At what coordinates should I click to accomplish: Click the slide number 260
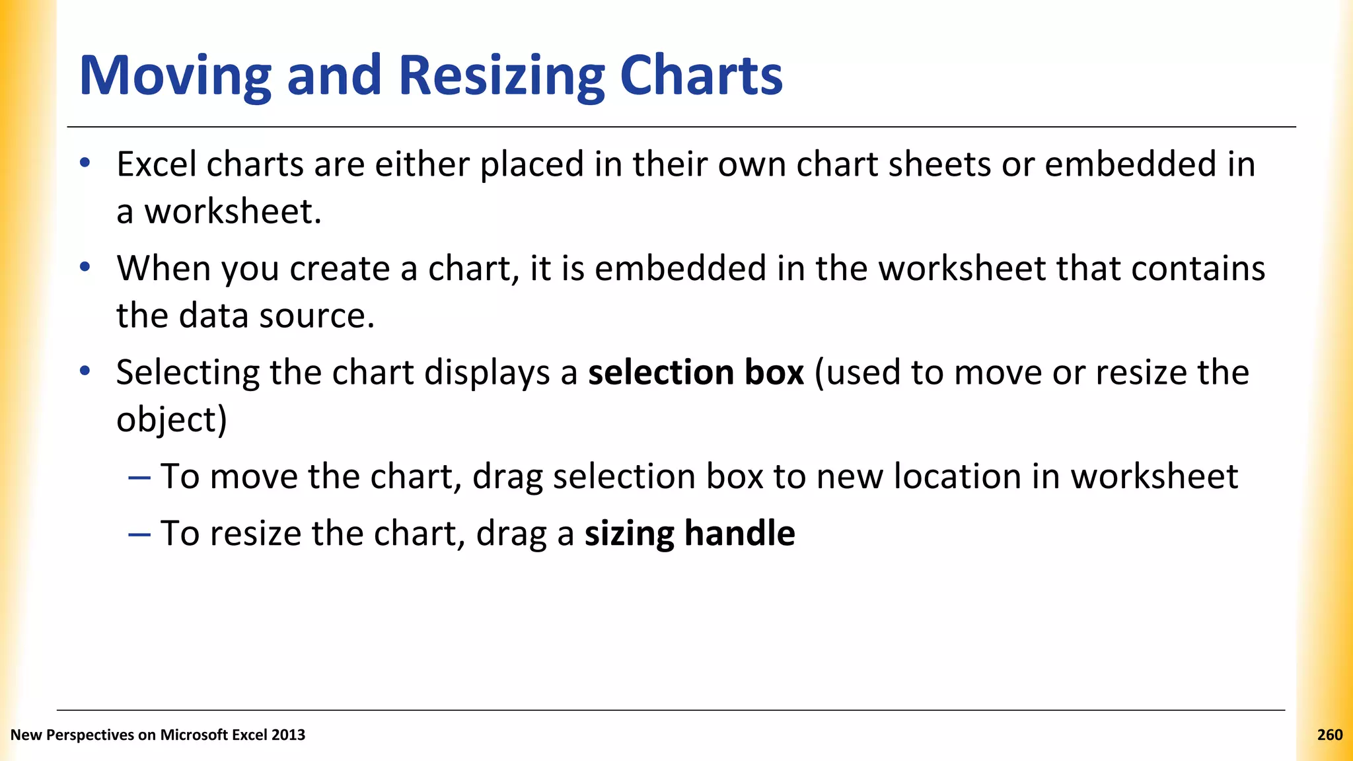[x=1329, y=735]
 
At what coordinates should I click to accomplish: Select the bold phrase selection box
[x=696, y=373]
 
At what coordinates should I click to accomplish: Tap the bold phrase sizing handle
[x=690, y=533]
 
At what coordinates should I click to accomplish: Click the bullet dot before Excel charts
[x=85, y=163]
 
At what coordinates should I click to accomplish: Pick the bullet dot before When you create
[x=85, y=268]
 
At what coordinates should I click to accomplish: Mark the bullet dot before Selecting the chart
[x=85, y=371]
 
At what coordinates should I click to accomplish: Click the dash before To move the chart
[x=139, y=477]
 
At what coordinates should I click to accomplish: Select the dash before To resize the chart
[x=139, y=534]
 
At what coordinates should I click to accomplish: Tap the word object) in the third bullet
[x=172, y=420]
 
